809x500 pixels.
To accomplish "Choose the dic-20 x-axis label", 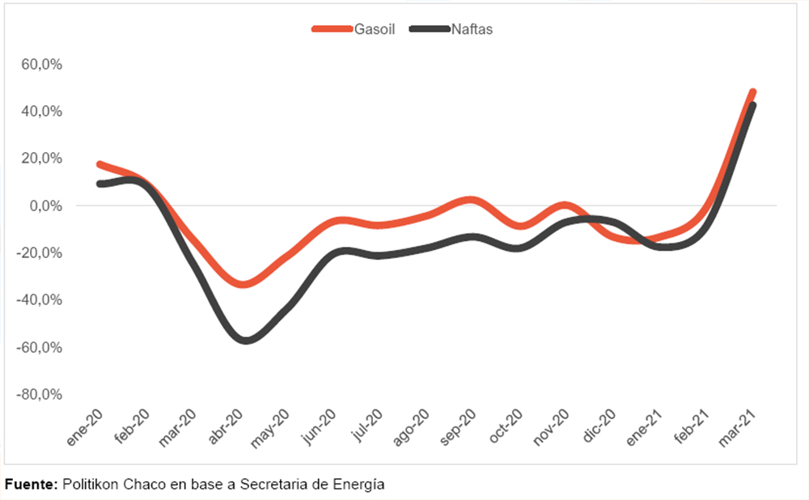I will tap(600, 428).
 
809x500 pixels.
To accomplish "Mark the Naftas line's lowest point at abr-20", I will tap(244, 340).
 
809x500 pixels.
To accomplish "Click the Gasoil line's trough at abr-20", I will tap(243, 284).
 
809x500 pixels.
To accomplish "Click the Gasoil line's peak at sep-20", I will tap(472, 200).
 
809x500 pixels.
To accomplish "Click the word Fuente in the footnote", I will tap(31, 485).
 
